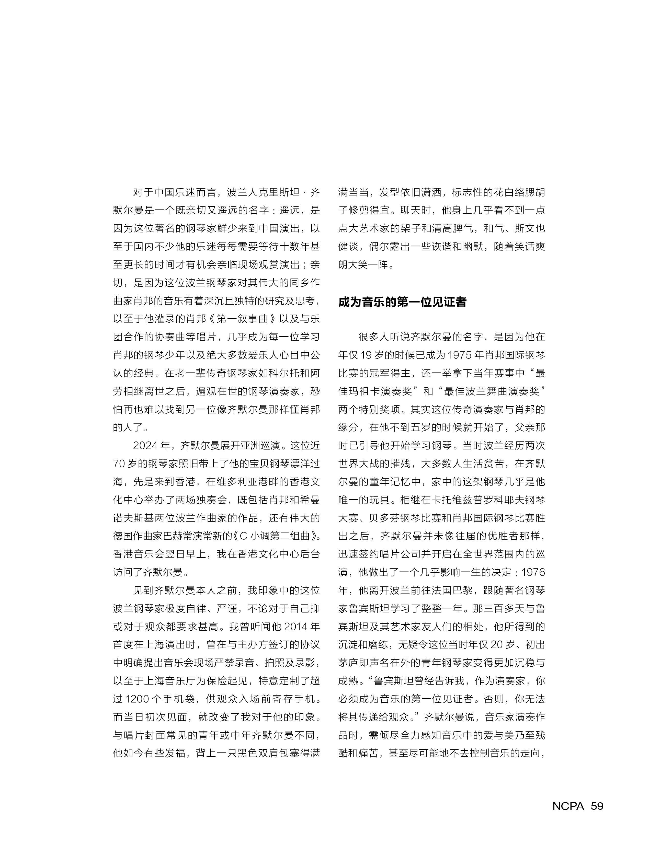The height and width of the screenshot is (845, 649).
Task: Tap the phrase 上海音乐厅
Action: tap(169, 681)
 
